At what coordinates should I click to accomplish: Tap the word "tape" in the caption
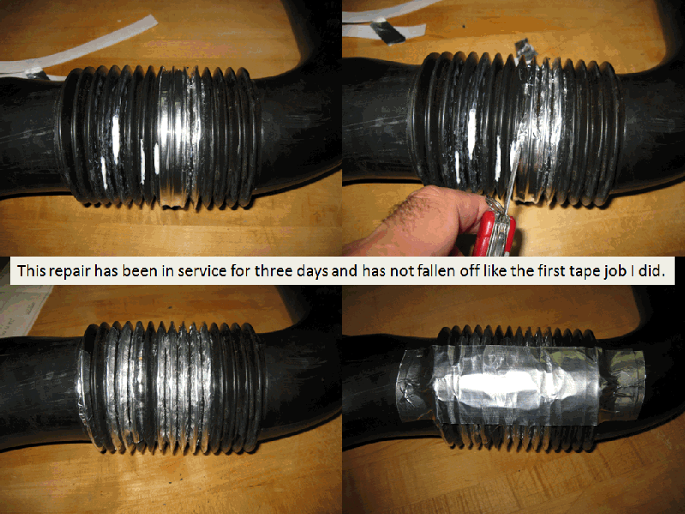586,272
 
